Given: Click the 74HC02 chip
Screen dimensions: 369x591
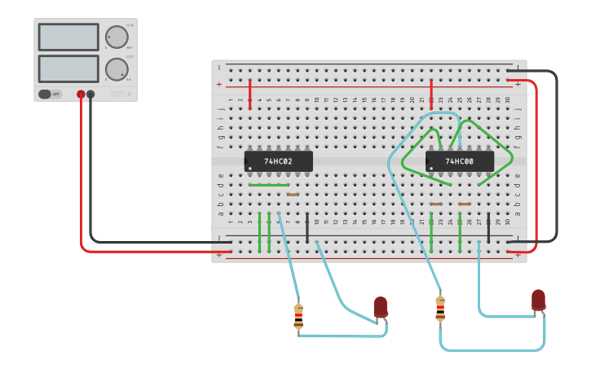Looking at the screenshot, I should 278,161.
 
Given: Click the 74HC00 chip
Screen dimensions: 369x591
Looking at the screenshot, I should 460,161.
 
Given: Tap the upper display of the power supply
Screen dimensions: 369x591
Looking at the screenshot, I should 68,37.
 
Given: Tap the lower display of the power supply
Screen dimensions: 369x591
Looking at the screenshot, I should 68,68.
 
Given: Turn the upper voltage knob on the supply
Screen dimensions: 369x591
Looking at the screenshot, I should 117,37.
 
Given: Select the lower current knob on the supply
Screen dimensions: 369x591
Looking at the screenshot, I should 117,69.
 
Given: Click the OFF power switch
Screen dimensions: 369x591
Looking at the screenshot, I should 50,94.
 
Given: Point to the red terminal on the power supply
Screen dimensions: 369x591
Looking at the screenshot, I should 81,94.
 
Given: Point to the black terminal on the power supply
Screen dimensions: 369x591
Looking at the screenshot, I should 90,94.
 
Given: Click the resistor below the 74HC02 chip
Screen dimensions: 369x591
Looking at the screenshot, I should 298,316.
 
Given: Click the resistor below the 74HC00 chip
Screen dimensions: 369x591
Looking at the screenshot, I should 440,309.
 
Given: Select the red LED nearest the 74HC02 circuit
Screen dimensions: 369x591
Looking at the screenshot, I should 381,307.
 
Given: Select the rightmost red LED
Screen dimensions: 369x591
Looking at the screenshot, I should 538,300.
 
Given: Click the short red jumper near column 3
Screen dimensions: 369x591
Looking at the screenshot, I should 249,94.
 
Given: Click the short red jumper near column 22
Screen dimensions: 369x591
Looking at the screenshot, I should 430,94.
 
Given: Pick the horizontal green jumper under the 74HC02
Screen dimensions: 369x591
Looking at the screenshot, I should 268,185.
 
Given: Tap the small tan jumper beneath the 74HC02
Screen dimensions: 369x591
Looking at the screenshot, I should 293,195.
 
